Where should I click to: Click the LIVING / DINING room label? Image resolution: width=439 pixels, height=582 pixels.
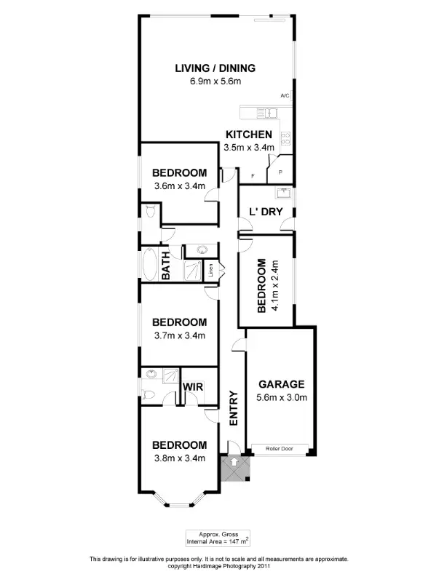(x=215, y=68)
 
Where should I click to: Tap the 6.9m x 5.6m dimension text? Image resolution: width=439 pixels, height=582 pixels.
(x=215, y=81)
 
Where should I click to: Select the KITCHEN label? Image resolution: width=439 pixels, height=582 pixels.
(x=249, y=135)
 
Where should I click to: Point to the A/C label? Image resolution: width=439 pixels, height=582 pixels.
(x=285, y=95)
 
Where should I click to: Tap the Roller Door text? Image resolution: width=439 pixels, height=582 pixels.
(x=280, y=449)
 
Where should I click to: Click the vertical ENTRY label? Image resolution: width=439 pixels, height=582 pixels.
(x=234, y=408)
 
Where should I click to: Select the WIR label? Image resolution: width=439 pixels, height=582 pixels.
(x=193, y=387)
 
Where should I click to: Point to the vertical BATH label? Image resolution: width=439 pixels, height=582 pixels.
(x=166, y=264)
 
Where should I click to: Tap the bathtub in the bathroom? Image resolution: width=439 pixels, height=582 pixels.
(x=150, y=264)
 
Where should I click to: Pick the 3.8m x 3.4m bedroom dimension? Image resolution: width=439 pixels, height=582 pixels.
(x=179, y=458)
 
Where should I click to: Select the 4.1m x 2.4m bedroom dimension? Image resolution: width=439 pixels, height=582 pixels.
(x=274, y=286)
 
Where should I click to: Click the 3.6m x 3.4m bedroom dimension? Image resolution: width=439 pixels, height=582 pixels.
(x=179, y=186)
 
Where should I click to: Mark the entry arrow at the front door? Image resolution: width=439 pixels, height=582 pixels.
(x=234, y=461)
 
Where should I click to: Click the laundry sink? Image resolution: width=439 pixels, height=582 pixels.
(x=282, y=194)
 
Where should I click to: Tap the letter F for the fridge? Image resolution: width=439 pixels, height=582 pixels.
(x=253, y=175)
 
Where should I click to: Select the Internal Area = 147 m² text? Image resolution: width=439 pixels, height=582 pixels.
(x=218, y=542)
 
